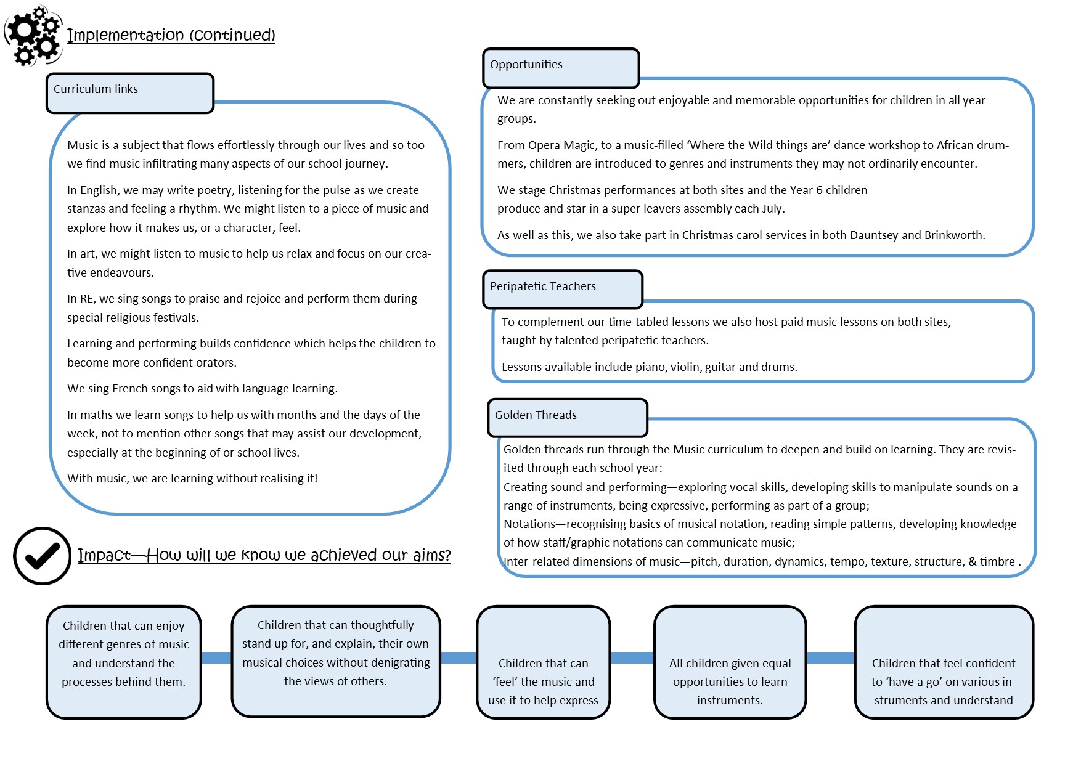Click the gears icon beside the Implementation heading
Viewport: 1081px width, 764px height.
tap(33, 35)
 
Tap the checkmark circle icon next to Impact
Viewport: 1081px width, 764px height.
tap(42, 556)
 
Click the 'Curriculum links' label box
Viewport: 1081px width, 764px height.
tap(129, 93)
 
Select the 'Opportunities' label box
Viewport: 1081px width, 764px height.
tap(560, 68)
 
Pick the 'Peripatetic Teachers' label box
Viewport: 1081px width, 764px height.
tap(562, 289)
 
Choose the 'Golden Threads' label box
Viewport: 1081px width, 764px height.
tap(567, 418)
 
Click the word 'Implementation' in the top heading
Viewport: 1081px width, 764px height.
tap(126, 35)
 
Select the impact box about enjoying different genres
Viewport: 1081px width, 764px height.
tap(124, 662)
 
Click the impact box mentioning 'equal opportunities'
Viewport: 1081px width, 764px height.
tap(730, 662)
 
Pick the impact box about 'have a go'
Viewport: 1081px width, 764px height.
tap(944, 662)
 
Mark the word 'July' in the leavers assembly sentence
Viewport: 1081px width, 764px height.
tap(772, 209)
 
